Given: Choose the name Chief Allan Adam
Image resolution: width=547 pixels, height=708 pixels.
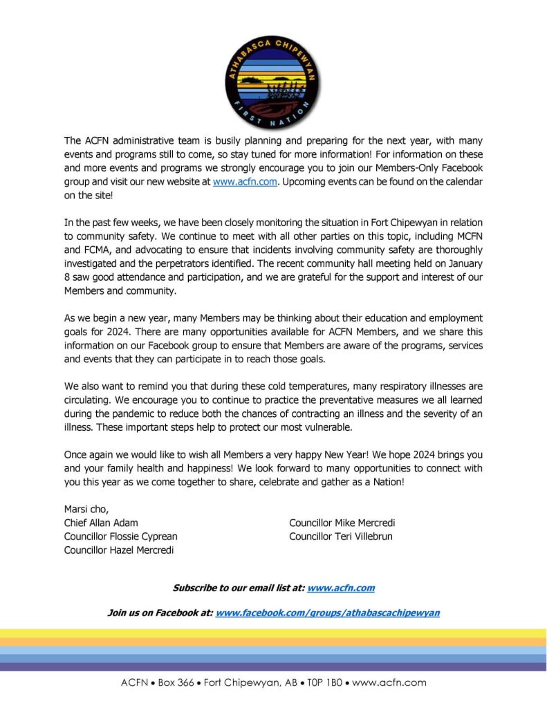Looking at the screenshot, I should pyautogui.click(x=101, y=523).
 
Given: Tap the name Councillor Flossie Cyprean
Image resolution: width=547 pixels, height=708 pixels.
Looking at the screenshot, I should pyautogui.click(x=121, y=537).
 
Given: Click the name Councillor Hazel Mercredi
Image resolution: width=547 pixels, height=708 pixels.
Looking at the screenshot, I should pyautogui.click(x=119, y=550).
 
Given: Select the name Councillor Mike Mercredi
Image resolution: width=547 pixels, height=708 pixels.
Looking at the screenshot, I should pyautogui.click(x=342, y=523).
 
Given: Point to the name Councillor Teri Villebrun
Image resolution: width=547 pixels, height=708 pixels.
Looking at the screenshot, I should pyautogui.click(x=341, y=537).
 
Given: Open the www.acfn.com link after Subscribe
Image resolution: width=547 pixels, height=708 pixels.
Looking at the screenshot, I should pyautogui.click(x=341, y=588).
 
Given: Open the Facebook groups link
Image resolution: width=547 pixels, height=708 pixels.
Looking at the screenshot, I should pyautogui.click(x=328, y=613).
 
